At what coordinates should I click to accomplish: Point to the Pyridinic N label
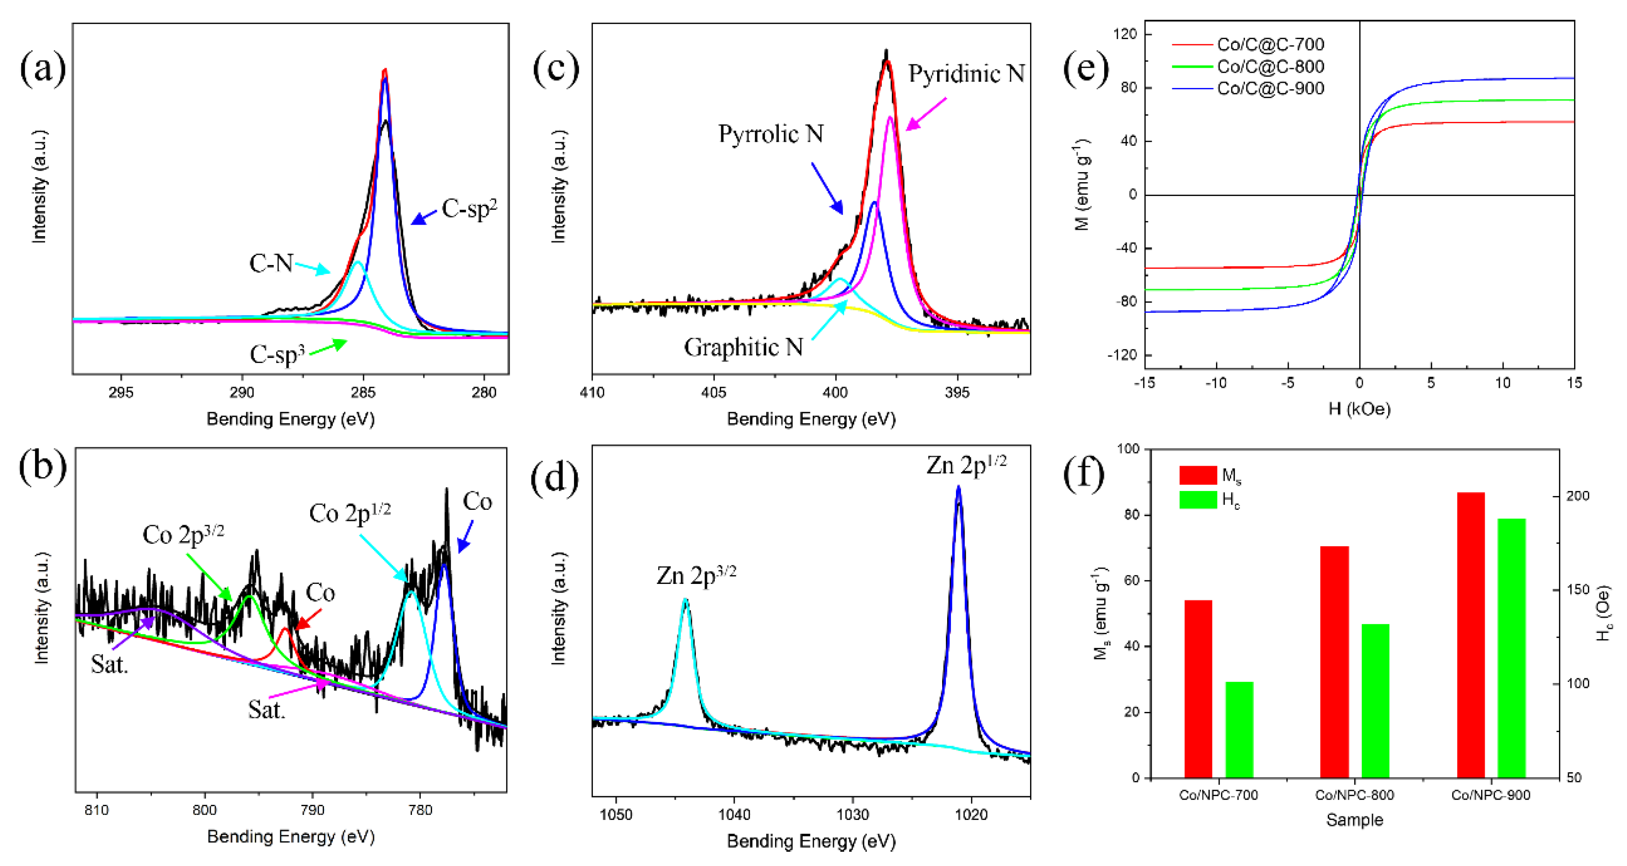(x=966, y=74)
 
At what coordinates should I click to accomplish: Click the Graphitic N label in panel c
(x=743, y=347)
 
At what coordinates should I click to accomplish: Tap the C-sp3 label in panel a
(x=277, y=354)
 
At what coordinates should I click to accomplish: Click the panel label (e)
(x=1085, y=68)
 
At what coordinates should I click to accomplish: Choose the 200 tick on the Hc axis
(x=1578, y=496)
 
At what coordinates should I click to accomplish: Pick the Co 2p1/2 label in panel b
(x=349, y=514)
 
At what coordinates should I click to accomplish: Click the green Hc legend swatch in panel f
(x=1198, y=500)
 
